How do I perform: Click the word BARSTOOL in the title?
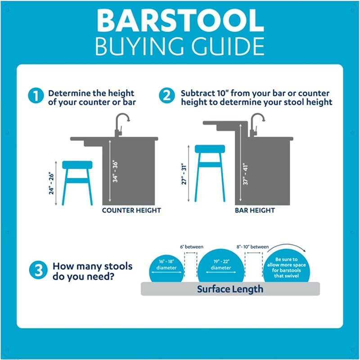[180, 22]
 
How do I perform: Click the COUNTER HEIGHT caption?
[131, 210]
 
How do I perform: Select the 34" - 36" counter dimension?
[116, 171]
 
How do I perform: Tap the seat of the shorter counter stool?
[77, 165]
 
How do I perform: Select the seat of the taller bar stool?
[210, 149]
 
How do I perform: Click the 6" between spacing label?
[191, 247]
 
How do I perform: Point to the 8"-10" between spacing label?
[253, 247]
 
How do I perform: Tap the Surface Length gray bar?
[230, 289]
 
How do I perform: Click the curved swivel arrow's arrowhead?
[306, 253]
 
